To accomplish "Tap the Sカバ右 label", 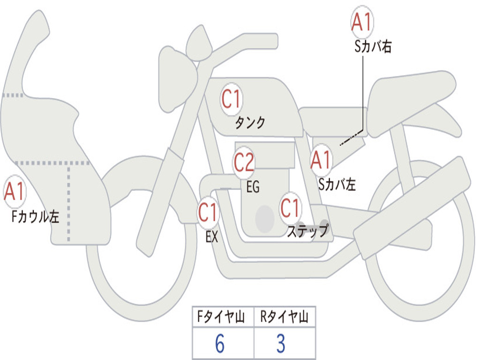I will click(373, 47).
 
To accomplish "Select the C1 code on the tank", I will click(231, 99).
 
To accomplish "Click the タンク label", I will click(250, 123).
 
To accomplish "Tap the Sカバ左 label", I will click(337, 185).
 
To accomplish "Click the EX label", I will click(212, 237).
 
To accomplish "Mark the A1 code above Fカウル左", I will click(15, 192).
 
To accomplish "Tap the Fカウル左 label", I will click(36, 217).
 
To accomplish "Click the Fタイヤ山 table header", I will click(223, 317).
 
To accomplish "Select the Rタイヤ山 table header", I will click(284, 317).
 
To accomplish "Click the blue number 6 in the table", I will click(219, 344).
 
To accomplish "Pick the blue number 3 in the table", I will click(280, 344).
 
